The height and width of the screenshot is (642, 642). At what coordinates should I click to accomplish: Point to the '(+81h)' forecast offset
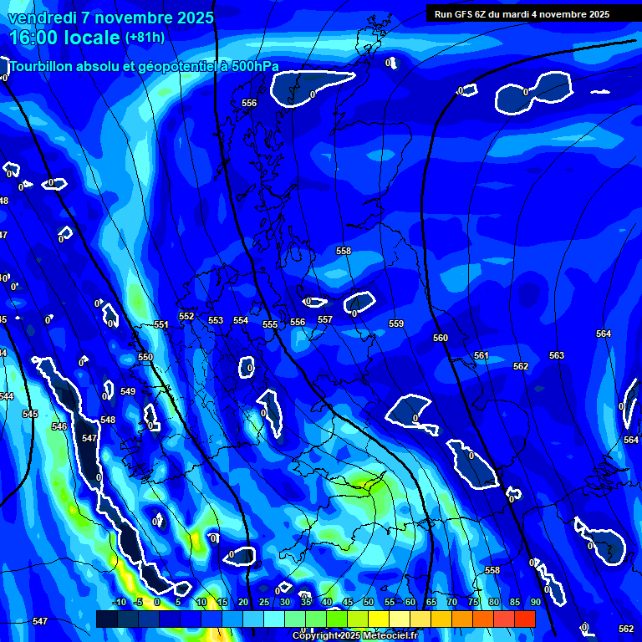click(145, 38)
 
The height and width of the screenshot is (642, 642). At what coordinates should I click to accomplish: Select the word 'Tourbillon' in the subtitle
click(43, 66)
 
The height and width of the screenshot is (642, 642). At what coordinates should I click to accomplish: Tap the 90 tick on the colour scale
click(535, 602)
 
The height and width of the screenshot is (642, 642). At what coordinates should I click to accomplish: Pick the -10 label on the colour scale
click(119, 602)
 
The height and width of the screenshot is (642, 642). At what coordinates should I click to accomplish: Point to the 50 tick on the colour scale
click(368, 602)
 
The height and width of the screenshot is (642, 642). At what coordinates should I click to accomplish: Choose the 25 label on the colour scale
click(264, 602)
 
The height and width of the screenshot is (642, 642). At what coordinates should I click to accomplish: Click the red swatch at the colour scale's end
click(524, 619)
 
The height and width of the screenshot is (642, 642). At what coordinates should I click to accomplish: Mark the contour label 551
click(161, 324)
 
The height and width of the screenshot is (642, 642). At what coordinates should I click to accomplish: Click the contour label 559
click(396, 324)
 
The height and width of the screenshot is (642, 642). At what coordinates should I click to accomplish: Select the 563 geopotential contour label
click(557, 355)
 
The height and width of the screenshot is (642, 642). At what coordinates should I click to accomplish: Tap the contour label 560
click(441, 338)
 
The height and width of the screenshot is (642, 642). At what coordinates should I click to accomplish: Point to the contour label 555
click(270, 324)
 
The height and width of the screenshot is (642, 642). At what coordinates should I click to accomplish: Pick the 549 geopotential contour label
click(128, 391)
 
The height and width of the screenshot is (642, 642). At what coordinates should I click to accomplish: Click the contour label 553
click(216, 320)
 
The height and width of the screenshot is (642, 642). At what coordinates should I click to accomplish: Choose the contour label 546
click(59, 426)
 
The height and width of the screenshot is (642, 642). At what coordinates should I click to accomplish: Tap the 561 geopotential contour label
click(481, 355)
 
